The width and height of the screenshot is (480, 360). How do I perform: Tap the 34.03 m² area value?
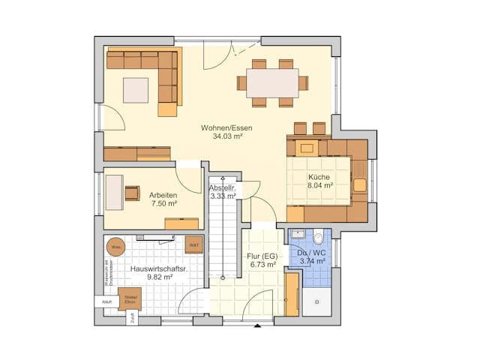[226, 137]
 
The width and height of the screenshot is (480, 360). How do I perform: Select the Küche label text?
[319, 177]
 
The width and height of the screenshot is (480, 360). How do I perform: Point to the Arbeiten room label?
[163, 194]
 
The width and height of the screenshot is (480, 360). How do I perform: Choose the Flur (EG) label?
[262, 256]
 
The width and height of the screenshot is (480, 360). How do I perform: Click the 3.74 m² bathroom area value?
[311, 262]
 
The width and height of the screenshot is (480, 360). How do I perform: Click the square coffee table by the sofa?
[136, 90]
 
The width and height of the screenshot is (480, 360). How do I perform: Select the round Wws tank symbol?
[116, 246]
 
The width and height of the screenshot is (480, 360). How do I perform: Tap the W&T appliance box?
[193, 245]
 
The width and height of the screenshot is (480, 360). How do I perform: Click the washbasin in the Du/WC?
[298, 235]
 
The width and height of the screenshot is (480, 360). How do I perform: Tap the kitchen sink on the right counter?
[359, 184]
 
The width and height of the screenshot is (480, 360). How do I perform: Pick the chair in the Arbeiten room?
[133, 193]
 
